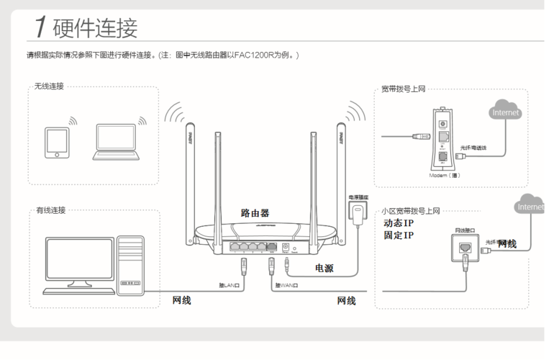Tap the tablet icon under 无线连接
tap(55, 142)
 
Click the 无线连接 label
tap(49, 86)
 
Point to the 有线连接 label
tap(51, 210)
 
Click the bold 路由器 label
tap(255, 213)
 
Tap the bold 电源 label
tap(324, 268)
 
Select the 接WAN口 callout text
tap(286, 286)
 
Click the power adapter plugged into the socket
tap(358, 214)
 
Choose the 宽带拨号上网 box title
tap(404, 89)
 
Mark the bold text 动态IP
tap(399, 223)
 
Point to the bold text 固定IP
tap(399, 235)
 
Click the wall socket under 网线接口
tap(464, 248)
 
